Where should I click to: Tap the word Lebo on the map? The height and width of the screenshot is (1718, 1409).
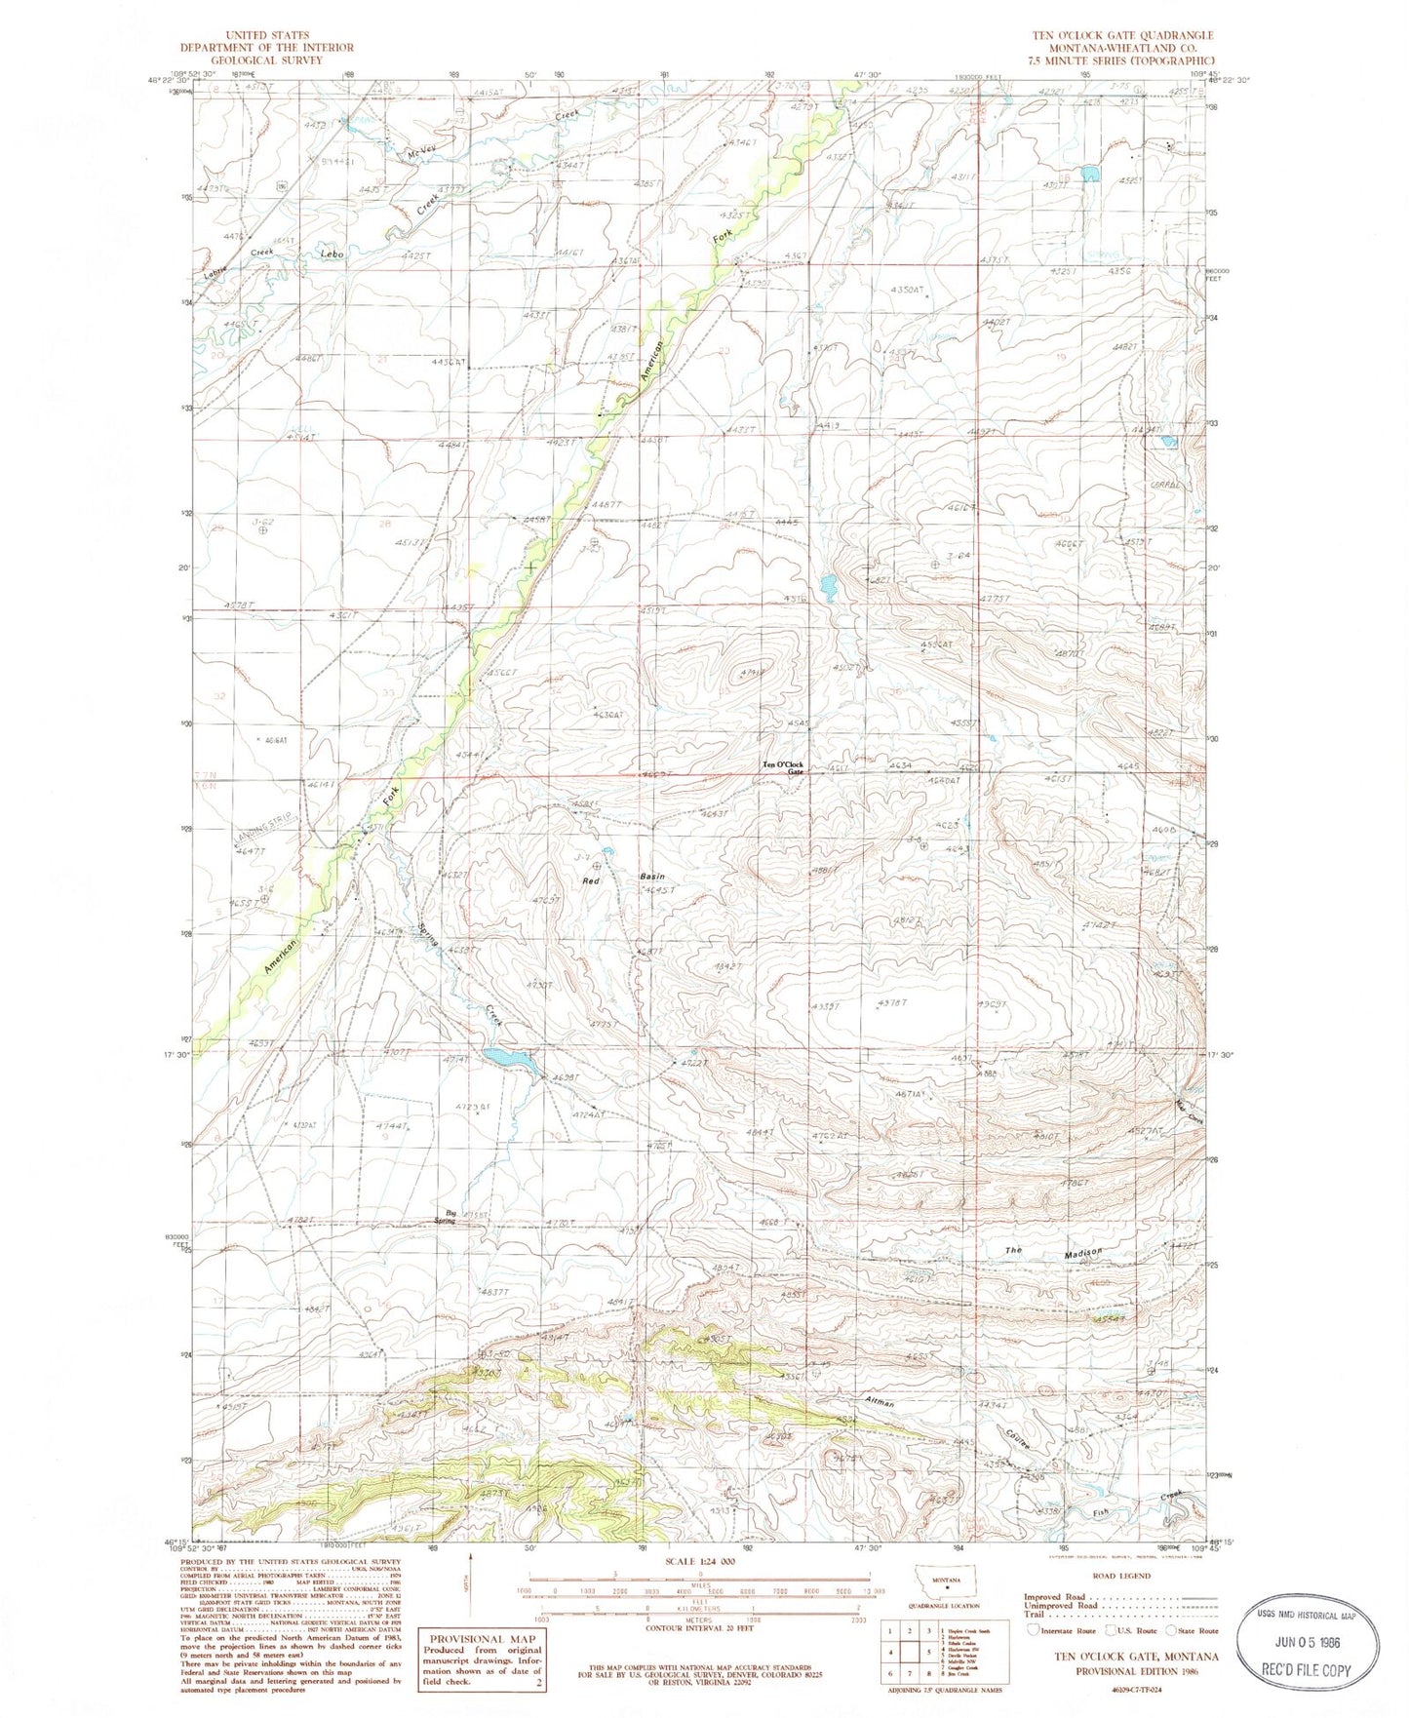pyautogui.click(x=333, y=254)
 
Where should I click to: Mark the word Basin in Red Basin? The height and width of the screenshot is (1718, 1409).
pyautogui.click(x=652, y=877)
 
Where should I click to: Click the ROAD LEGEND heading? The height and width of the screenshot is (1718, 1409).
pyautogui.click(x=1119, y=1575)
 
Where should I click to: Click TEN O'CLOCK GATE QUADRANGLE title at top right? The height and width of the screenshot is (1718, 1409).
pyautogui.click(x=1123, y=35)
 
